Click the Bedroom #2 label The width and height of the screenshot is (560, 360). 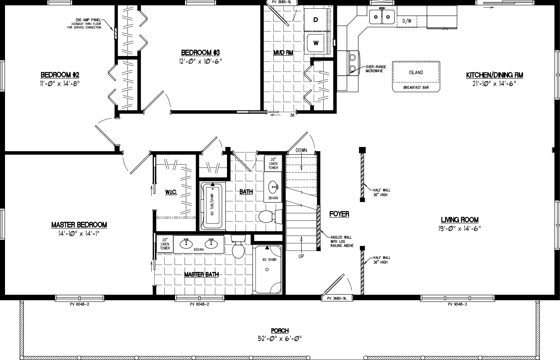(x=60, y=75)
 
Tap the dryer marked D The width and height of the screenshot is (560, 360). (x=316, y=20)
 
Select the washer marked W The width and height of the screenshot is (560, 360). (x=316, y=43)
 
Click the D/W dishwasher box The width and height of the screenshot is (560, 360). (x=407, y=21)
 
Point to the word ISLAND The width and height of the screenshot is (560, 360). (x=416, y=73)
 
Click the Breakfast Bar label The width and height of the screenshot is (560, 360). (x=416, y=88)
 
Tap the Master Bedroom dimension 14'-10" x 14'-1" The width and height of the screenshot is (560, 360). (x=79, y=234)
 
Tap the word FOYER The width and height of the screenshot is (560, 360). (x=339, y=214)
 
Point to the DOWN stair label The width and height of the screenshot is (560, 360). (x=301, y=150)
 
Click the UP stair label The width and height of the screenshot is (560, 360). (x=301, y=257)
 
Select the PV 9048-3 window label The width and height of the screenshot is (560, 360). (x=457, y=304)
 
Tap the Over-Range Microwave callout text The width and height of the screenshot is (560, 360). (x=376, y=69)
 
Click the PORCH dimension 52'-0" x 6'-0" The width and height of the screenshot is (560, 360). (x=280, y=339)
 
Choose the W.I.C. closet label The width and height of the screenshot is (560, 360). (x=171, y=192)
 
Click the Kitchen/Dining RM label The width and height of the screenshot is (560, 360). (x=494, y=75)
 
